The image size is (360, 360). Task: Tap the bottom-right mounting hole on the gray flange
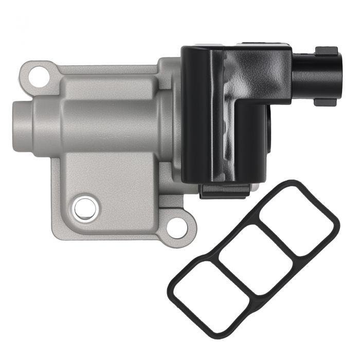177,228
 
